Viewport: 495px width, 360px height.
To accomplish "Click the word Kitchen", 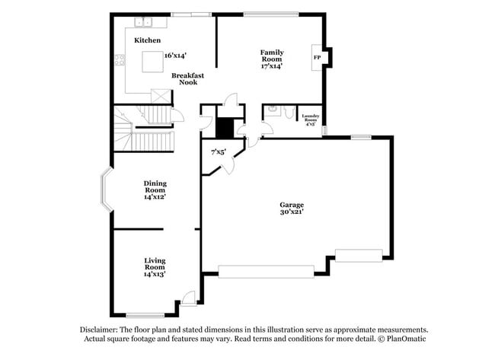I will click(x=148, y=40).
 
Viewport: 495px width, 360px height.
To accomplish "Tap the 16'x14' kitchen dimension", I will click(x=175, y=55).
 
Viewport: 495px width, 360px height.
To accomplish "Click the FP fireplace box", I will click(x=317, y=57).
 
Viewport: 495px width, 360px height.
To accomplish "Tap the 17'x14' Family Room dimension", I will click(x=272, y=66).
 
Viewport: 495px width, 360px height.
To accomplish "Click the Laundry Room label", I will click(x=310, y=119).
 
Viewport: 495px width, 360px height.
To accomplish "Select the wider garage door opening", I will click(x=266, y=270).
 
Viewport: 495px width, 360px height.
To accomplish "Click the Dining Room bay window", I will click(x=107, y=190).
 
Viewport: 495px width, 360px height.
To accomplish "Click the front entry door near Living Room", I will click(x=188, y=300).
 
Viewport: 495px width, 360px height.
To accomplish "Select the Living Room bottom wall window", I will click(x=145, y=315).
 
